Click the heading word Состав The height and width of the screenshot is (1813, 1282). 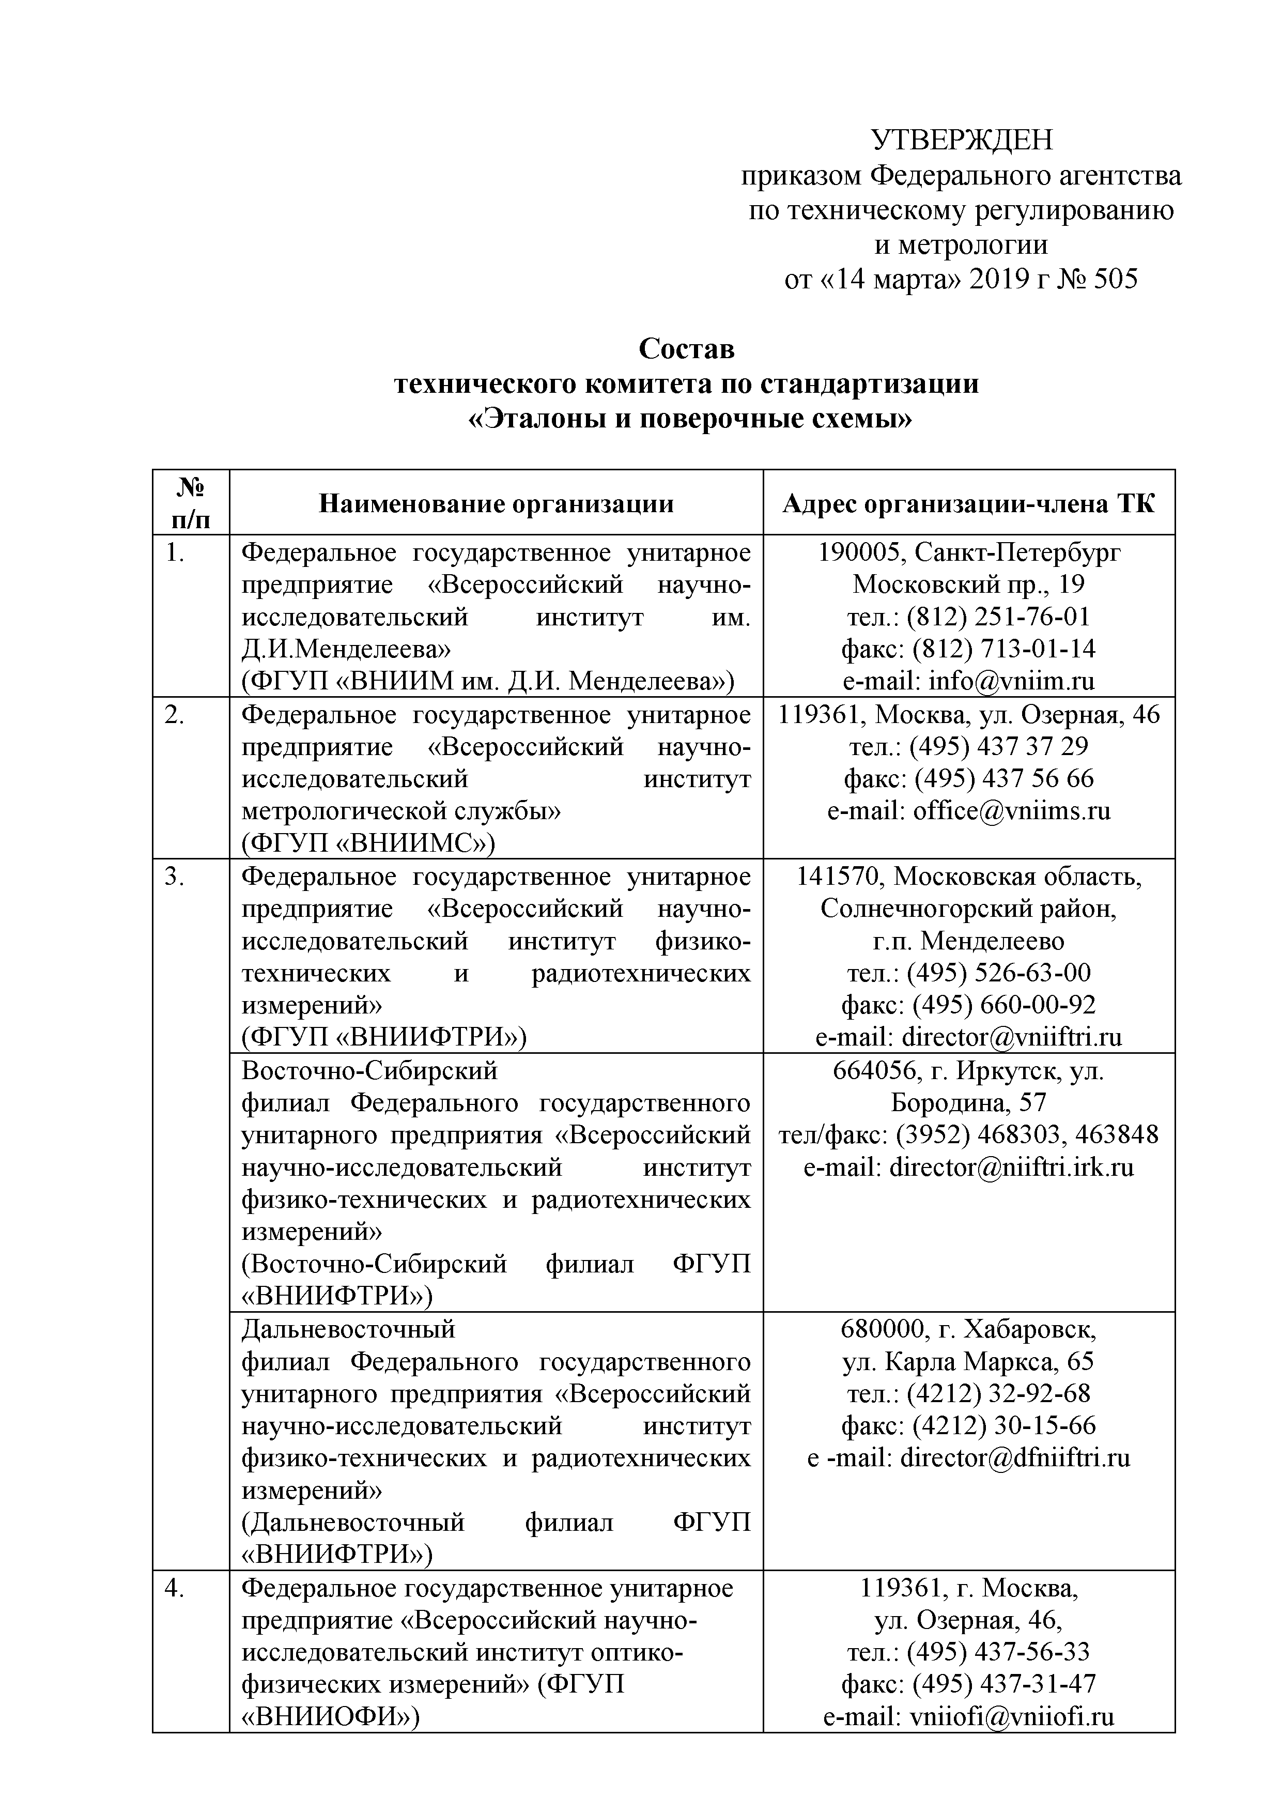coord(686,348)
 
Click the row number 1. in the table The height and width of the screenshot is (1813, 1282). coord(175,553)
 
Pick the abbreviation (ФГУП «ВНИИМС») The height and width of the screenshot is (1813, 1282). coord(368,843)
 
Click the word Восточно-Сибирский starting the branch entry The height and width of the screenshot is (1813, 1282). coord(369,1071)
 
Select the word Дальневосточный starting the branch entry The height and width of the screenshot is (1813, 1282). coord(348,1329)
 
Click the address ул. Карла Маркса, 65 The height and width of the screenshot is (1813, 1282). coord(968,1361)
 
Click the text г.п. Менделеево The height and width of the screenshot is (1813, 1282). coord(968,941)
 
